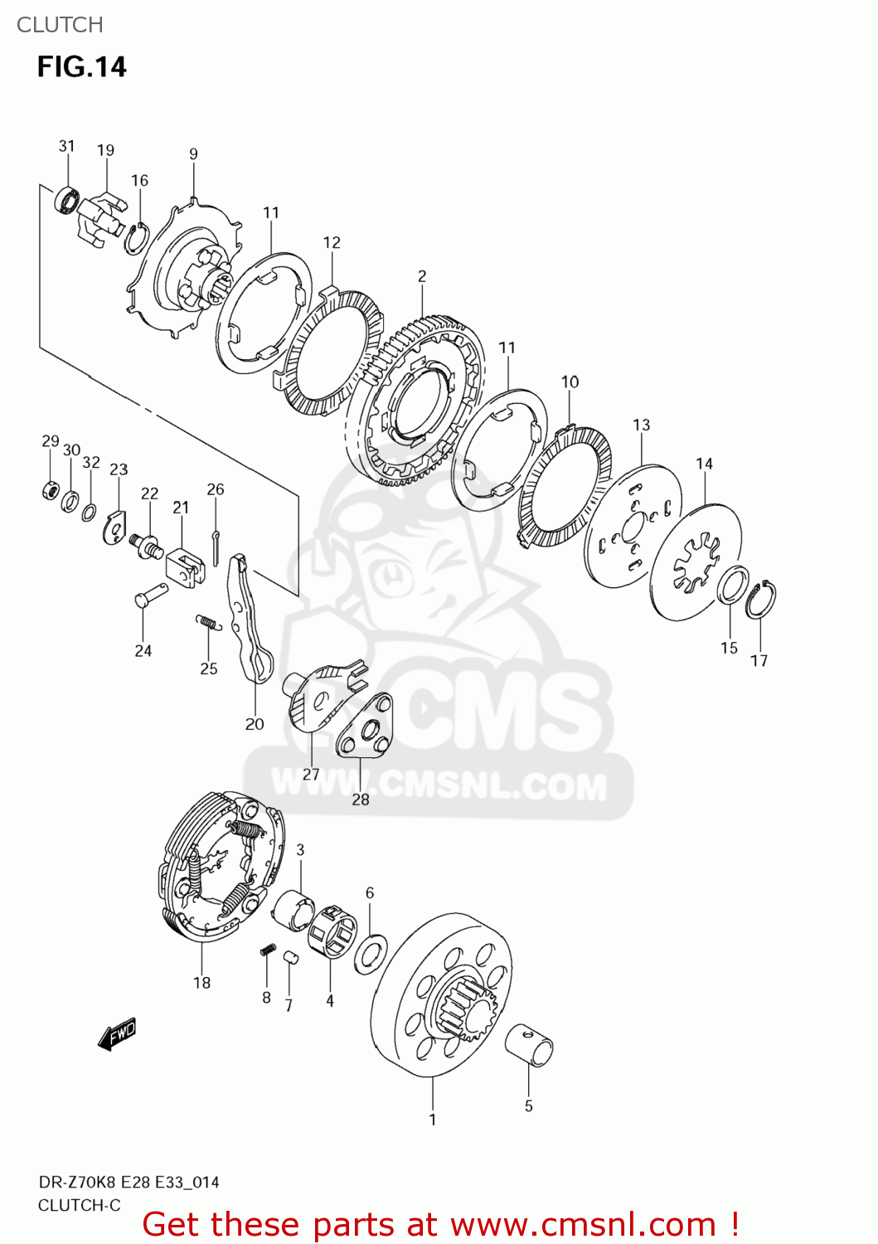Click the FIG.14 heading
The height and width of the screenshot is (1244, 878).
81,66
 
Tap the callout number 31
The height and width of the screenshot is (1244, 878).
66,146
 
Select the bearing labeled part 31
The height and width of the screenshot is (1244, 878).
66,201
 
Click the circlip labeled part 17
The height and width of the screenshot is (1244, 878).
759,600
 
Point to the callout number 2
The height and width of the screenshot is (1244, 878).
422,276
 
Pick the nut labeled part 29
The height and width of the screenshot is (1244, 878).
50,490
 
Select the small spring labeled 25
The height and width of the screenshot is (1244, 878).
208,622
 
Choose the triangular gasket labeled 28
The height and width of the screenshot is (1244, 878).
365,726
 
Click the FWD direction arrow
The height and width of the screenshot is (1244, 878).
117,1034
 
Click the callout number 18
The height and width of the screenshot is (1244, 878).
201,983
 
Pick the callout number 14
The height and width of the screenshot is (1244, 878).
704,464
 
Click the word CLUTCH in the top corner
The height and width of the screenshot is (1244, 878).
60,25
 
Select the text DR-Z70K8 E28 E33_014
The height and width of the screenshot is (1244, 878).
129,1182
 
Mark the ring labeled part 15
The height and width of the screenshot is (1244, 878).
730,587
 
